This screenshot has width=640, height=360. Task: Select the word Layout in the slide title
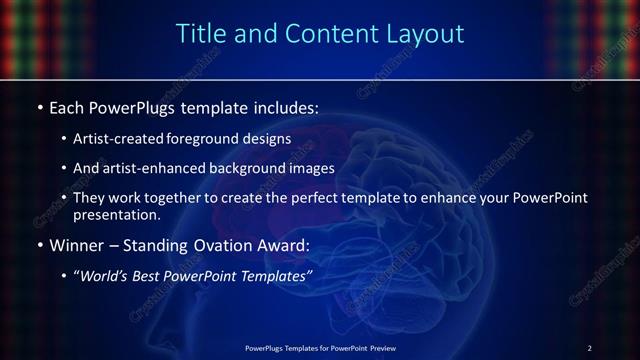[x=425, y=33]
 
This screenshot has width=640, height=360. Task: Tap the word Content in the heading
[x=323, y=33]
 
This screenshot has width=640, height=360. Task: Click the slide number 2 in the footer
[x=590, y=348]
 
